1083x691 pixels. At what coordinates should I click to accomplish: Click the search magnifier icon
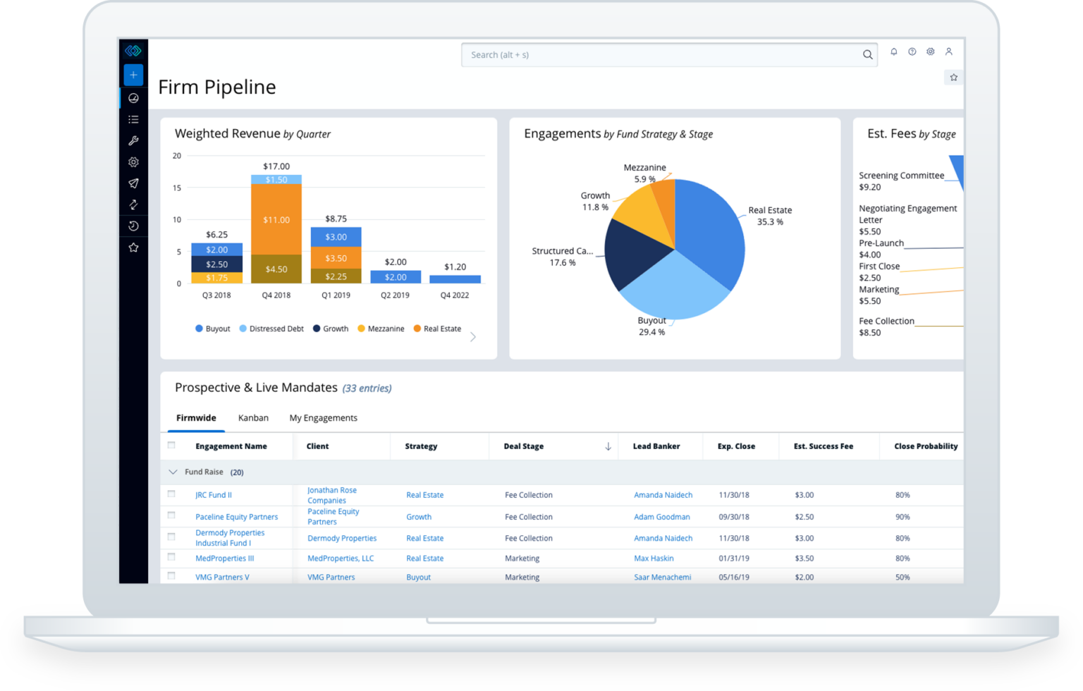[x=867, y=55]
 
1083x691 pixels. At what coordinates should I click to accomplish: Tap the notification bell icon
[x=894, y=51]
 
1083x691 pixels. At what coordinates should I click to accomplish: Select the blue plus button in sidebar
[x=133, y=75]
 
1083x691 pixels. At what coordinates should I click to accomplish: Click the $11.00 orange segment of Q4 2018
[x=276, y=219]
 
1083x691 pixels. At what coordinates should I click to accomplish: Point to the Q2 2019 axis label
[x=395, y=295]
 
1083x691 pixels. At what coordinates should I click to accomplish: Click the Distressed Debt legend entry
[x=271, y=329]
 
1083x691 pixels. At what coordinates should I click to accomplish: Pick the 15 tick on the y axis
[x=177, y=188]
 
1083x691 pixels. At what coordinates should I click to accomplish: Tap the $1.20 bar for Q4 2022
[x=455, y=279]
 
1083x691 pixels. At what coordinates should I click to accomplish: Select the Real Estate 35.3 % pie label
[x=770, y=216]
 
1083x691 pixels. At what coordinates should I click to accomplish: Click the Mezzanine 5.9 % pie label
[x=644, y=173]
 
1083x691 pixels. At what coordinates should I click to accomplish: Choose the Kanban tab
[x=253, y=418]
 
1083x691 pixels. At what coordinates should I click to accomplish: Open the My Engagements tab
[x=323, y=418]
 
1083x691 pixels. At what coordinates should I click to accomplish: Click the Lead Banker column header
[x=656, y=446]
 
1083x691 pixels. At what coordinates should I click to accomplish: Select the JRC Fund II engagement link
[x=214, y=495]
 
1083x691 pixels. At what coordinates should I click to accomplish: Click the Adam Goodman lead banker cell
[x=661, y=517]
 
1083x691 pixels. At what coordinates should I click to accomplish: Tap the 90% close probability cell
[x=902, y=517]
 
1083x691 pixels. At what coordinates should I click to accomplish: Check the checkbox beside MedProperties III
[x=171, y=557]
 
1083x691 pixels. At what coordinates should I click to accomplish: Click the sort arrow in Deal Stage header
[x=608, y=446]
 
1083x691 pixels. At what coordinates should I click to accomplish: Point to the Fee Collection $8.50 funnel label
[x=886, y=326]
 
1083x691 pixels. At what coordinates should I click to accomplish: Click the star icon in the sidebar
[x=133, y=247]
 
